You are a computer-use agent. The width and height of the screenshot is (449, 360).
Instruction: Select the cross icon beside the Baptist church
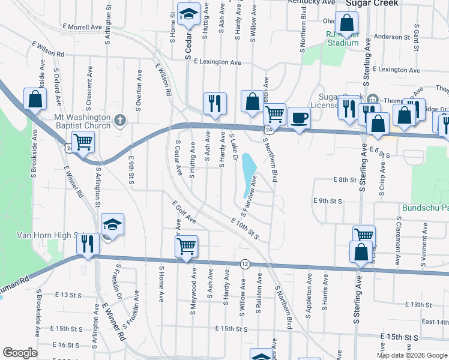[120, 121]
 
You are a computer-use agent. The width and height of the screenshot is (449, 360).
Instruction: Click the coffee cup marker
[298, 117]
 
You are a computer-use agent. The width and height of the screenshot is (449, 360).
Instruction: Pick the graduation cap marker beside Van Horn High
[112, 224]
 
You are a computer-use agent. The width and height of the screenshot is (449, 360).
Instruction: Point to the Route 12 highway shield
[245, 264]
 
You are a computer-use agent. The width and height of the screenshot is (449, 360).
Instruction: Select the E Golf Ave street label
[184, 213]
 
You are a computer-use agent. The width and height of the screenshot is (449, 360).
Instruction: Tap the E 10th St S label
[244, 229]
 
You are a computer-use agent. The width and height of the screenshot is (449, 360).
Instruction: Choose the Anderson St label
[391, 37]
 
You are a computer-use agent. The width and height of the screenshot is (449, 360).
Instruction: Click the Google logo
[20, 353]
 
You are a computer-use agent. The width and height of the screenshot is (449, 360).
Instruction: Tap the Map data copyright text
[412, 355]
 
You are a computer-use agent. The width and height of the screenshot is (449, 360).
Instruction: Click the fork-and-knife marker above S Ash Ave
[214, 104]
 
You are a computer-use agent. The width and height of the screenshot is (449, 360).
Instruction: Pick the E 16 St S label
[67, 345]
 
